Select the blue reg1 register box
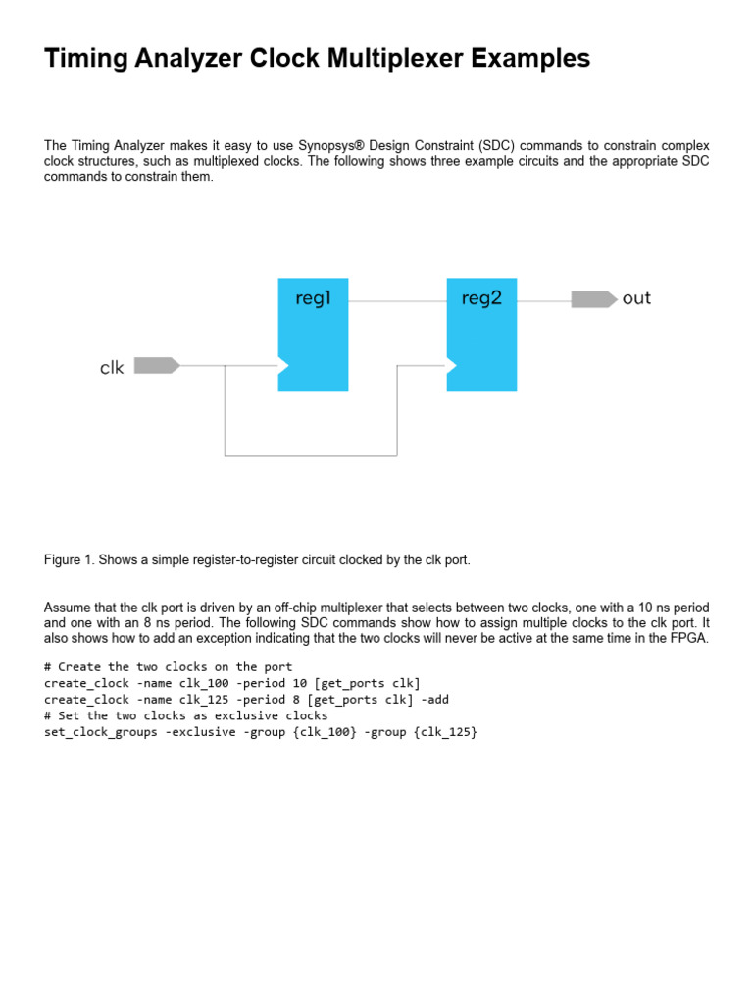tap(314, 334)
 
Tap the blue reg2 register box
tap(481, 334)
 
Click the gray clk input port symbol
tap(156, 366)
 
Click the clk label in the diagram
tap(112, 368)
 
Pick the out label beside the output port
tap(636, 299)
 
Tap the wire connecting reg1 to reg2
tap(397, 301)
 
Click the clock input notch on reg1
tap(283, 366)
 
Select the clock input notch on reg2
tap(452, 366)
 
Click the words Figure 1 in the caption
tap(68, 560)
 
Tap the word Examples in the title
tap(530, 59)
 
